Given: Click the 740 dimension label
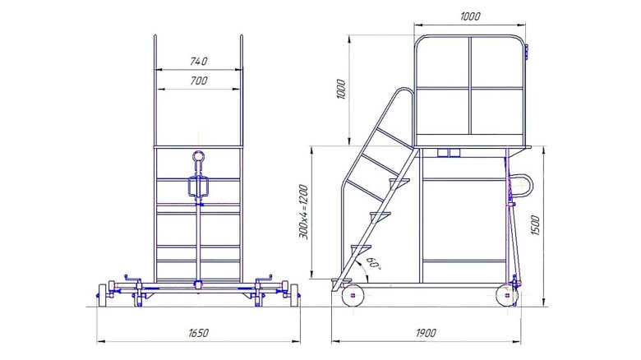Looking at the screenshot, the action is point(199,62).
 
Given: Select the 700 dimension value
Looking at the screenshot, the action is point(199,81).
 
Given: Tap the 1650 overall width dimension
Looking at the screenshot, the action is point(199,333).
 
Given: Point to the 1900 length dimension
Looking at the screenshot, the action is point(426,333).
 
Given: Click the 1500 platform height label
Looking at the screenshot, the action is point(535,225).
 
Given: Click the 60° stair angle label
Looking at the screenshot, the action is point(373,263).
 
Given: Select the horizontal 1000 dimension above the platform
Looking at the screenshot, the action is point(470,16).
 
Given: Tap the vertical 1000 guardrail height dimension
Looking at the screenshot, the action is point(340,90).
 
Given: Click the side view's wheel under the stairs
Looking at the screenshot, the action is point(353,294).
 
